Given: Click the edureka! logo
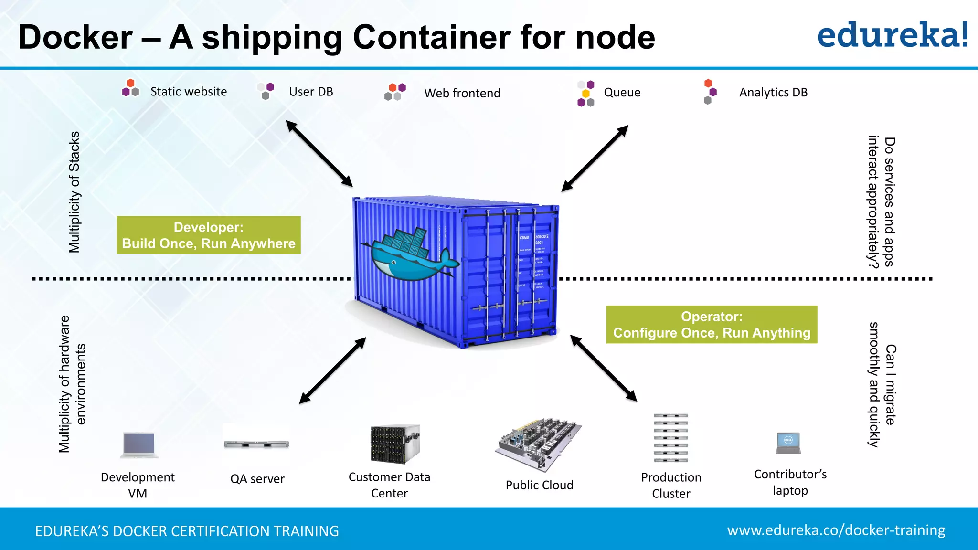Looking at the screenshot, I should (892, 35).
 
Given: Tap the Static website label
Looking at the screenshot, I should (188, 92).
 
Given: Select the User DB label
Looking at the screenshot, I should (311, 92).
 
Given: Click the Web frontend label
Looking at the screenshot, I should (462, 93).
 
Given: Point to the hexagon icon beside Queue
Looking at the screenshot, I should (585, 94).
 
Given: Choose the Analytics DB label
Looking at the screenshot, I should (773, 92).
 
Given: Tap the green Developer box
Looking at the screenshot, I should (209, 235).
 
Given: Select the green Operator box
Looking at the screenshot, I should (712, 325).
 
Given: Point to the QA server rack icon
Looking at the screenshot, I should (256, 444).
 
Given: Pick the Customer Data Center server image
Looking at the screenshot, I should (395, 444).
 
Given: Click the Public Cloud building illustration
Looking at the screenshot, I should (538, 444).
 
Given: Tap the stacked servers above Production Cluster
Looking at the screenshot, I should (670, 438).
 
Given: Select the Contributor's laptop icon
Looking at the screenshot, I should (788, 443).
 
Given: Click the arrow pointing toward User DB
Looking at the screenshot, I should (319, 153).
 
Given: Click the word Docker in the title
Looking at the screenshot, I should (75, 37).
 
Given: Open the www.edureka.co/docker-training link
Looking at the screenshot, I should (836, 530).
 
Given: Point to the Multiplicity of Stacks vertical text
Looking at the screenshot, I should (74, 192).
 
